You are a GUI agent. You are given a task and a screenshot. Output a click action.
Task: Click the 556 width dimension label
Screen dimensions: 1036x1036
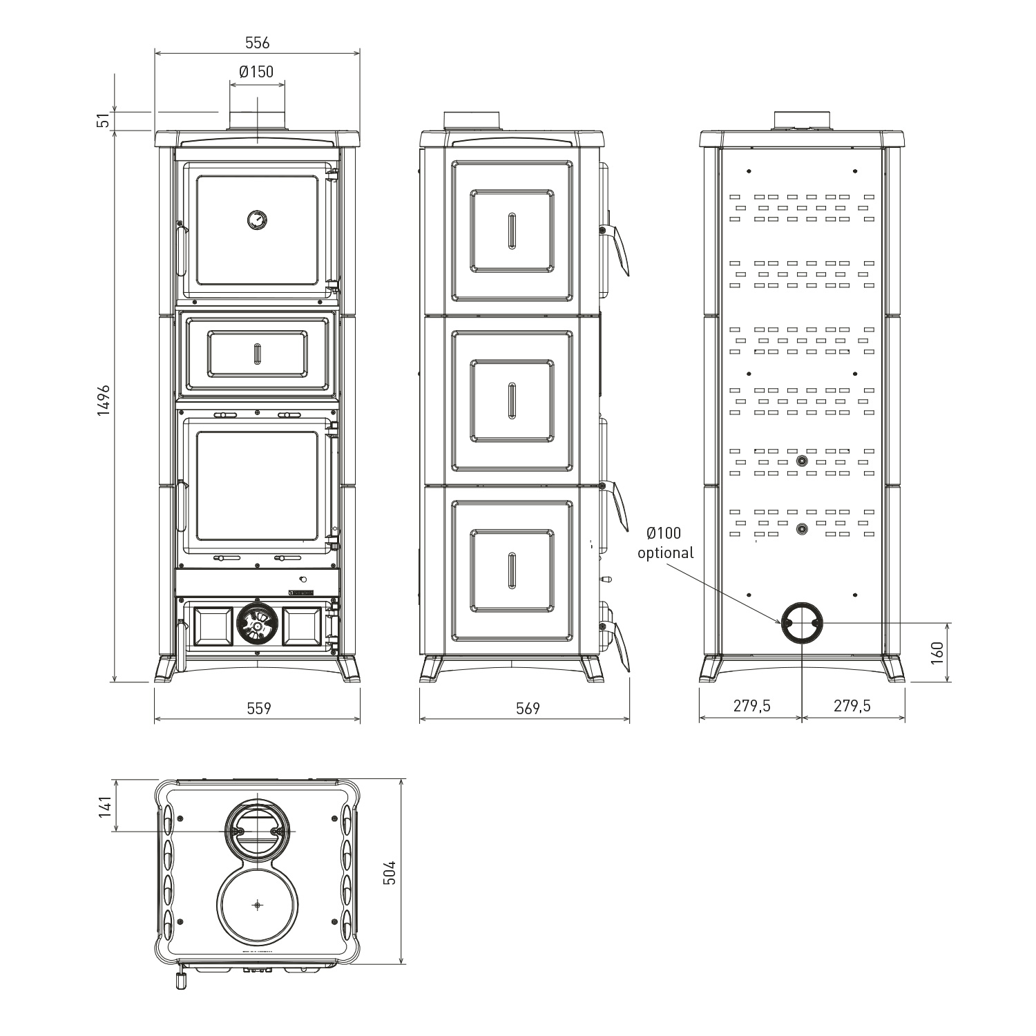(257, 43)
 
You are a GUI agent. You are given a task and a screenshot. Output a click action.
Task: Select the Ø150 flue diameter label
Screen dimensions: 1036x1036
(256, 72)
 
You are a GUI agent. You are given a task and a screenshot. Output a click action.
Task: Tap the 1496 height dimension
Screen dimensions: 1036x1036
(104, 400)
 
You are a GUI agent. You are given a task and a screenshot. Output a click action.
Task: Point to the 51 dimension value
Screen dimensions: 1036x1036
(104, 120)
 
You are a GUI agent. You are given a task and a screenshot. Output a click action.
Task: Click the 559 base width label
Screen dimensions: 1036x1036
(259, 708)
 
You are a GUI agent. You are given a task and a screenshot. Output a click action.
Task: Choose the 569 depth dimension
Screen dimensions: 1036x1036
(528, 708)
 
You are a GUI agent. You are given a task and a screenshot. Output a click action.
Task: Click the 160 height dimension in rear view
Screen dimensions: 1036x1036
(937, 652)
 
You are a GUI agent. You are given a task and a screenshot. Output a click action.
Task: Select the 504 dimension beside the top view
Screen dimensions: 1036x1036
(390, 872)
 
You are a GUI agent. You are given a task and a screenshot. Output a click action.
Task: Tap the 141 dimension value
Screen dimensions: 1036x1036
(104, 806)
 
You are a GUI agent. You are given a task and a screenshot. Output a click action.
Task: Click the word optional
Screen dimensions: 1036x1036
(665, 553)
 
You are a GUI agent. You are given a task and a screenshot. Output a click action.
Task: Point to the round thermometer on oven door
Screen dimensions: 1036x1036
(257, 220)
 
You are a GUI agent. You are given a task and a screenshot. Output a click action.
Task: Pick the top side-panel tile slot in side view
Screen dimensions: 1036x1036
(512, 230)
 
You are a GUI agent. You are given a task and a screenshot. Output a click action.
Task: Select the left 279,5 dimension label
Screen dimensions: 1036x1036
(751, 705)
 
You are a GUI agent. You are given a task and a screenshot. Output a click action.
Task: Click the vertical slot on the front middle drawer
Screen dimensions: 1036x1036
(257, 353)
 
